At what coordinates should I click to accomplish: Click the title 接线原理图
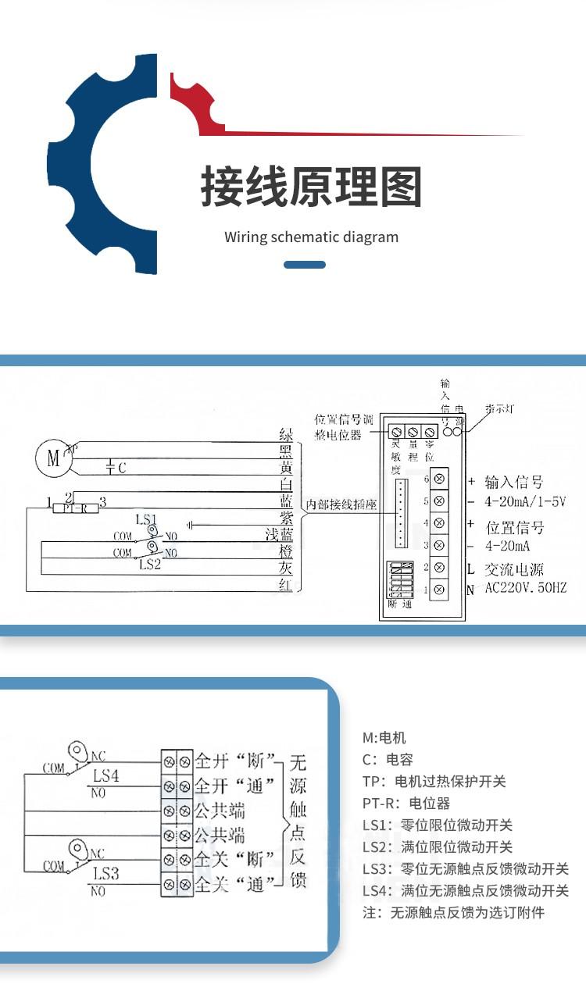[311, 187]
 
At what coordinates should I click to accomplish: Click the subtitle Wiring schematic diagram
[311, 237]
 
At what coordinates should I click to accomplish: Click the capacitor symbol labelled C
[113, 467]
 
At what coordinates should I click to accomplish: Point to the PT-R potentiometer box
[75, 508]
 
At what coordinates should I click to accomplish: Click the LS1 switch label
[146, 519]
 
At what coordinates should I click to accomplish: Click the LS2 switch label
[149, 565]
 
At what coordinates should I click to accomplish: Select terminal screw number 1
[439, 590]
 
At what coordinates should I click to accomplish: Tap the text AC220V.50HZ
[525, 588]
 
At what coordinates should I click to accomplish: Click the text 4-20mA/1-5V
[525, 501]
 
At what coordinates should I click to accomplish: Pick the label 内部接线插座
[341, 504]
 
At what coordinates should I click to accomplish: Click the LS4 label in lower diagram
[106, 776]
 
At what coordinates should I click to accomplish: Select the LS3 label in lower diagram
[105, 873]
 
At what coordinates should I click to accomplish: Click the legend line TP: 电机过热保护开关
[434, 782]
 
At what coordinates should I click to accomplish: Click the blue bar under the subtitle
[304, 265]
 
